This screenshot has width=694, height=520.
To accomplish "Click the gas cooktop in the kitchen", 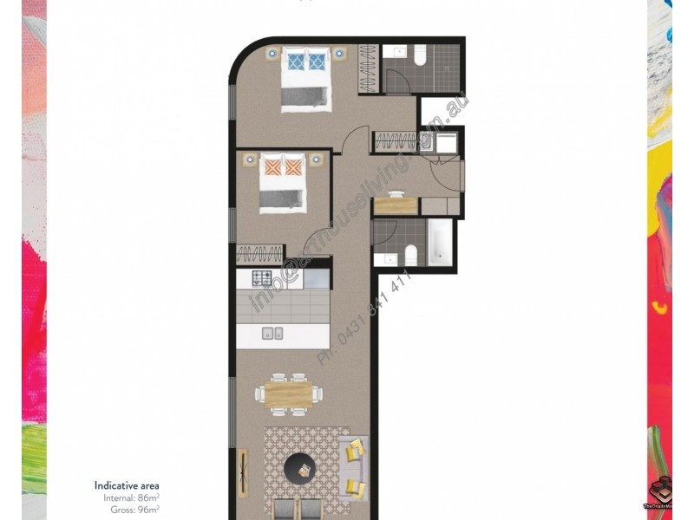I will [263, 278].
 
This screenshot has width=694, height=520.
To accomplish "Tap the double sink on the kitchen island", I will [272, 332].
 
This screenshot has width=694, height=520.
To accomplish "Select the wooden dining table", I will [284, 394].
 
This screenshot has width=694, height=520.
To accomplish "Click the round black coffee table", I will [303, 469].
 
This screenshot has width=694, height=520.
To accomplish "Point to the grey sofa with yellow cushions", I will [355, 468].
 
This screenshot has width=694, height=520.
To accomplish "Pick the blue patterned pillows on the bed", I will [304, 61].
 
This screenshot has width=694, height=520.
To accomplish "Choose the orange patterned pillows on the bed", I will [284, 166].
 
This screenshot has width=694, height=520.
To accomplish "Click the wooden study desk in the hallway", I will [396, 205].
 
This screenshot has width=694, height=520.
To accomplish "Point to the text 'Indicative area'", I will [127, 486].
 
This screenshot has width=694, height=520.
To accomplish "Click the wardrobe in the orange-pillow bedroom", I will [259, 255].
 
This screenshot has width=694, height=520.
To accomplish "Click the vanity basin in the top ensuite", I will [399, 52].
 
